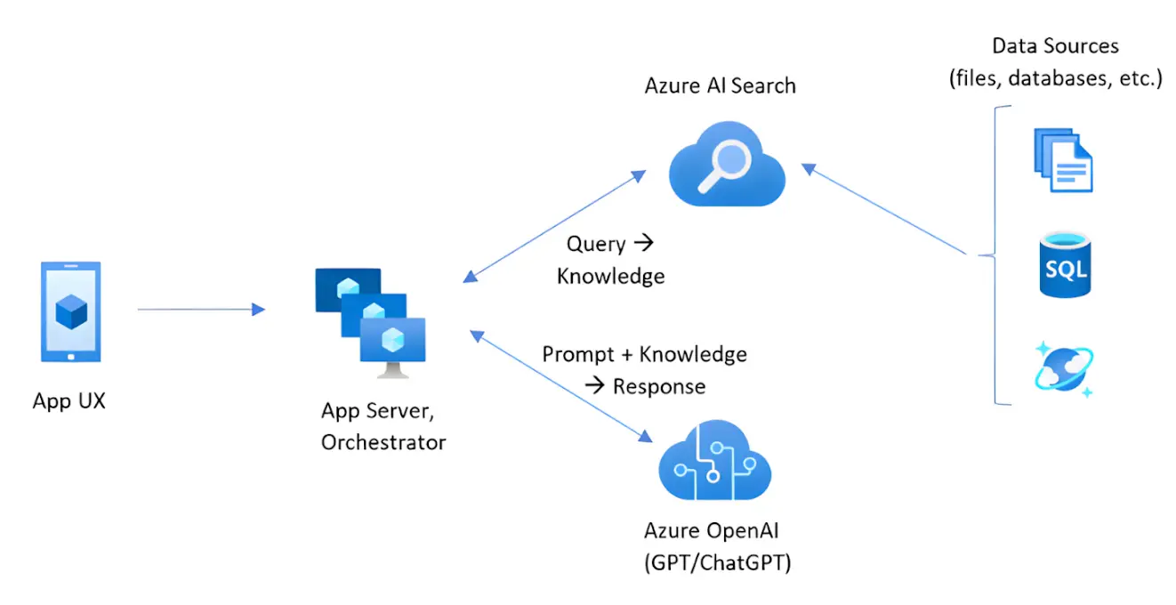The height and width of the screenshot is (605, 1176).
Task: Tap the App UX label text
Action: [69, 400]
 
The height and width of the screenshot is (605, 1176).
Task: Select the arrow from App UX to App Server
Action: [201, 310]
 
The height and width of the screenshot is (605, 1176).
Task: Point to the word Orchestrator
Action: [383, 441]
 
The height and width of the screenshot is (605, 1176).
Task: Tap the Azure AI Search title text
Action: [721, 86]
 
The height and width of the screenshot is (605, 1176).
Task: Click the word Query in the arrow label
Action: [595, 244]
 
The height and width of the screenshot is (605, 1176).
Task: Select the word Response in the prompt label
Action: [659, 386]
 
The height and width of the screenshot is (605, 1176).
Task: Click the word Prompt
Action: [578, 354]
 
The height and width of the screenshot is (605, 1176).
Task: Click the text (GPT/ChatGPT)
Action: [717, 563]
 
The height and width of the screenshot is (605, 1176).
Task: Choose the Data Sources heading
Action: [1055, 46]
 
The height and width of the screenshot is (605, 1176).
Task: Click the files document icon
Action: [1062, 159]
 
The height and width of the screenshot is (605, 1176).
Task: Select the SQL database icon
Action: [1064, 264]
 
